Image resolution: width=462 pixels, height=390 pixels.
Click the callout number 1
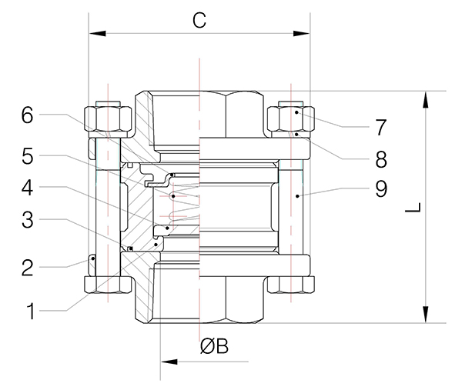pos(31,312)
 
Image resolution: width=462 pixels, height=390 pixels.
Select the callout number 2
pos(28,268)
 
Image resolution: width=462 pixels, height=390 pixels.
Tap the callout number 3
pos(28,220)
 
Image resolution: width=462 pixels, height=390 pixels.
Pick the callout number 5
pos(28,156)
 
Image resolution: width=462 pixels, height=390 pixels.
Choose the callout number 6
pos(28,116)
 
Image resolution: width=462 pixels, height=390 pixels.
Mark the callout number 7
pos(380,125)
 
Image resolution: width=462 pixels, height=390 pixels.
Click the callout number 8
pos(380,159)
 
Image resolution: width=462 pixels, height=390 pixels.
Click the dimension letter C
pos(199,21)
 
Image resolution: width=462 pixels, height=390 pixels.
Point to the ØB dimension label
pos(215,347)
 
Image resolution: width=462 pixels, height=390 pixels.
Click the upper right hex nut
pos(291,118)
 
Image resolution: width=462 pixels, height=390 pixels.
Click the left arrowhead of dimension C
pos(95,33)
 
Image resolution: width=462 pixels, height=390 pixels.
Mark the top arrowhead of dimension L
pos(425,98)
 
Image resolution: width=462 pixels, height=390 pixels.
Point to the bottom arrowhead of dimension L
pos(425,316)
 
